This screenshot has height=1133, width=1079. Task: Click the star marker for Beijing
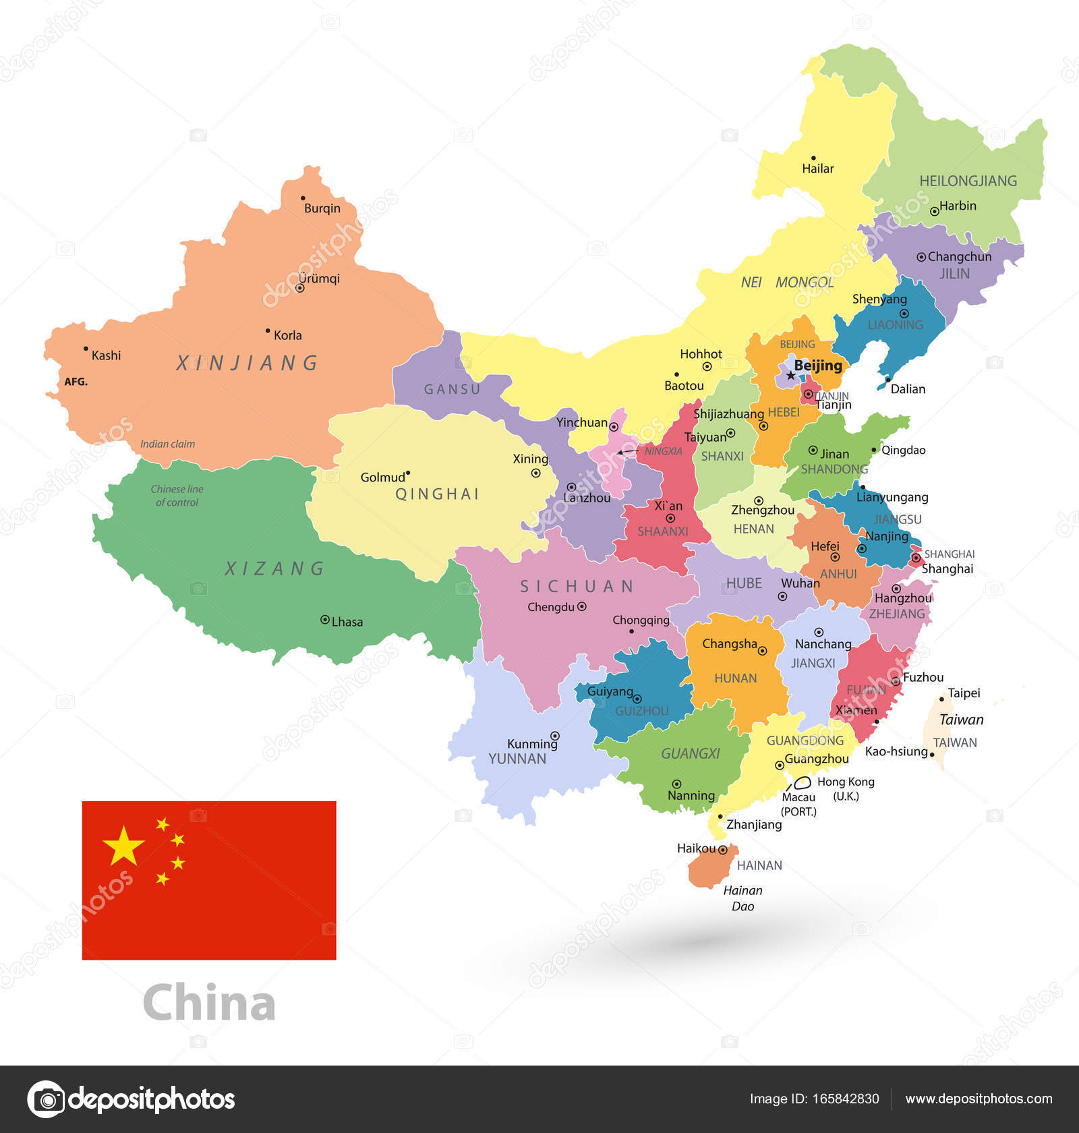click(x=790, y=375)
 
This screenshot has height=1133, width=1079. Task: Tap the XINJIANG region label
click(x=247, y=364)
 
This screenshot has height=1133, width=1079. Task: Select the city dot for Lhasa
click(x=324, y=619)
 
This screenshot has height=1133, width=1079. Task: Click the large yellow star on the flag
click(x=123, y=845)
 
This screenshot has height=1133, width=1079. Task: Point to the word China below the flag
click(x=209, y=1002)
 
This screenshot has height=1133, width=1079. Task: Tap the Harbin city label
click(x=958, y=206)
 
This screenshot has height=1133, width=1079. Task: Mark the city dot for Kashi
click(x=86, y=349)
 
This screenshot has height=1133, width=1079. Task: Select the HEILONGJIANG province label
click(x=968, y=181)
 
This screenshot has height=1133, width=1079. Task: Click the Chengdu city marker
click(x=582, y=606)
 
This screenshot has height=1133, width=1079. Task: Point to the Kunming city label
click(x=532, y=744)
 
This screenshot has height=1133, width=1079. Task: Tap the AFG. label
click(x=76, y=382)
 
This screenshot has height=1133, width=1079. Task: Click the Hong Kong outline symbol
click(x=803, y=782)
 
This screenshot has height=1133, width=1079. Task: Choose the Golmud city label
click(x=382, y=477)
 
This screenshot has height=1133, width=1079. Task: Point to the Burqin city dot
click(x=303, y=198)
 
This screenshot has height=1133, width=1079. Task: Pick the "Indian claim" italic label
click(x=167, y=444)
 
